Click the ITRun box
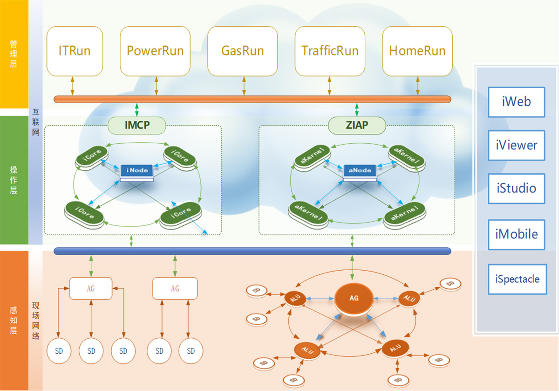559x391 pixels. coord(75,51)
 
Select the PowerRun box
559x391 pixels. coord(155,51)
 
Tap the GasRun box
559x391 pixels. coord(243,51)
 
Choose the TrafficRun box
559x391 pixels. coord(330,51)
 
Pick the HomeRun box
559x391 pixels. coord(417,51)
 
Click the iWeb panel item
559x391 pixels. coord(516,101)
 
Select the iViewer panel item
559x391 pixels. coord(516,145)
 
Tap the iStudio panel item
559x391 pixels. coord(516,189)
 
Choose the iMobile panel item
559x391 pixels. coord(516,234)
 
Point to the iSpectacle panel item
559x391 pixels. coord(517,279)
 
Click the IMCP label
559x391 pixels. coord(137,125)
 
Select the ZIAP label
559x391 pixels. coord(357,125)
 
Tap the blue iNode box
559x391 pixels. coord(136,171)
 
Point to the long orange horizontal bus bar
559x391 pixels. coord(252,99)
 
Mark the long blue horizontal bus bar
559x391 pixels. coord(252,251)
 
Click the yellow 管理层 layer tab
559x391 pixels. coord(14,54)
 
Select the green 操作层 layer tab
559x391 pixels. coord(14,180)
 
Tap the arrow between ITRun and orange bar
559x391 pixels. coord(73,86)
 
